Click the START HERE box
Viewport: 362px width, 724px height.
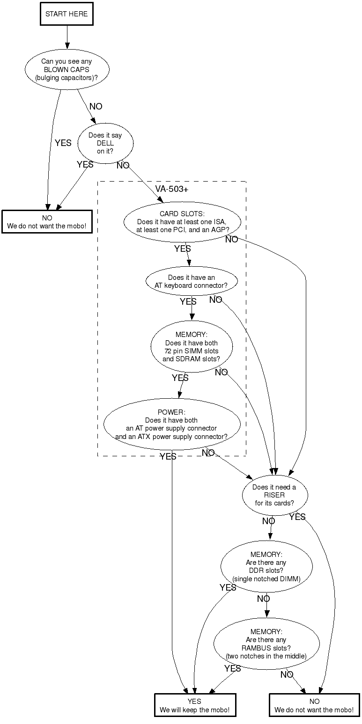coord(66,14)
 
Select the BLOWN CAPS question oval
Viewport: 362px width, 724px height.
coord(66,69)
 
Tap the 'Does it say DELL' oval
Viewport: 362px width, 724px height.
coord(105,143)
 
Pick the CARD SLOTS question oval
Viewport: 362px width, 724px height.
coord(182,222)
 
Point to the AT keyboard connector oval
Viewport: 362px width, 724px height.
coord(192,281)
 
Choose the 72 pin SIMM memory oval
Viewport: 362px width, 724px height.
coord(192,347)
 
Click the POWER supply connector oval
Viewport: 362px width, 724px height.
coord(171,424)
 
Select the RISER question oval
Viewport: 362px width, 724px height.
coord(274,495)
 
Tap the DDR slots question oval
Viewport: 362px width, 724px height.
coord(266,567)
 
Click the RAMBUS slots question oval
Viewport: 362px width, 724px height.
coord(266,644)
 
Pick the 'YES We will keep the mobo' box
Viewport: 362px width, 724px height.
coord(195,705)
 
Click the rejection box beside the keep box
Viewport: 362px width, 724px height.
coord(314,705)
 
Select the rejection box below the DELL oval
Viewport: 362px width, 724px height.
coord(47,222)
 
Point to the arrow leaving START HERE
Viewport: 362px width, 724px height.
coord(67,37)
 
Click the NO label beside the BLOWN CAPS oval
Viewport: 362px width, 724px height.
coord(96,107)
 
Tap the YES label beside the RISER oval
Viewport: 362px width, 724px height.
coord(297,517)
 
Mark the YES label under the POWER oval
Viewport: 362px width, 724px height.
coord(168,456)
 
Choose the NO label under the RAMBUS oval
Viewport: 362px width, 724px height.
coord(287,674)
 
